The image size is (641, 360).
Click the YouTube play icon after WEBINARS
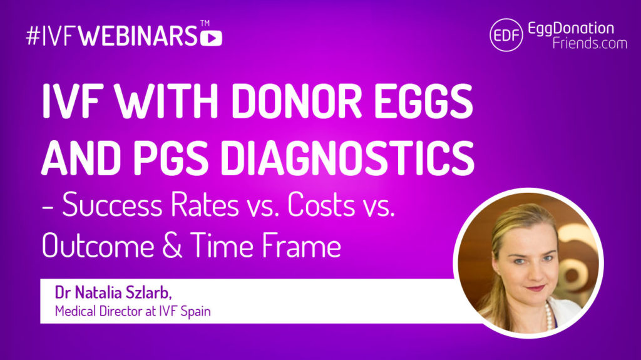212,38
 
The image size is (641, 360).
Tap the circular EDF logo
506,35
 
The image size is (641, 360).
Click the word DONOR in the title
297,101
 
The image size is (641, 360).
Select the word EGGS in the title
424,101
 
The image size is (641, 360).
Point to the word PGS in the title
171,158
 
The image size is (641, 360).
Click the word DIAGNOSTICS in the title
347,158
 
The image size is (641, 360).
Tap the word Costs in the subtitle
321,205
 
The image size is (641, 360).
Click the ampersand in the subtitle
172,245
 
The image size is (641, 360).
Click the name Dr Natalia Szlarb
113,293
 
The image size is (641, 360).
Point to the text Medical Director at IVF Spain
133,311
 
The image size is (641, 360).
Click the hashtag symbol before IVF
33,36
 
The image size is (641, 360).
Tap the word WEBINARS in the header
138,36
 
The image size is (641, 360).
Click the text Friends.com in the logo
590,43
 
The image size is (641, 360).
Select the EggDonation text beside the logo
571,28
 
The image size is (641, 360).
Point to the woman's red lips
536,288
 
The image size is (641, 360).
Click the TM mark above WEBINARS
205,24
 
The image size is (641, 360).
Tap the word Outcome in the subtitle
98,245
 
